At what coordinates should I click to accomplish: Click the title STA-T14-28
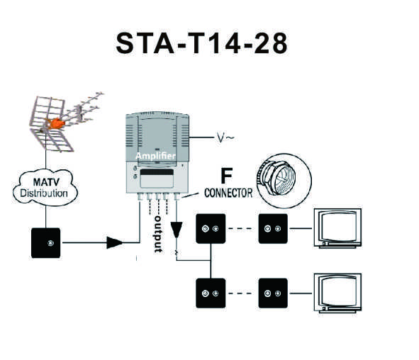pos(202,43)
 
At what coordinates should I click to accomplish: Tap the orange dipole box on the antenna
pos(56,123)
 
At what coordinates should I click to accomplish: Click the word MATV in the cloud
pos(46,182)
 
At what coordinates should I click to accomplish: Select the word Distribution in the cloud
pos(44,193)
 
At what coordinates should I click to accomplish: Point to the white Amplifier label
pos(155,156)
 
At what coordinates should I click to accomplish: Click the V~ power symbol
pos(225,137)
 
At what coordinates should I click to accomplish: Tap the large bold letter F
pos(227,176)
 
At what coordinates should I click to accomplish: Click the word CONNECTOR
pos(228,193)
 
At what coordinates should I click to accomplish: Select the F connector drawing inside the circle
pos(276,176)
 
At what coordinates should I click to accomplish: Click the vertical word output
pos(158,235)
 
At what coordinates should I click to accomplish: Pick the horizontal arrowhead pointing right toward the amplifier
pos(115,242)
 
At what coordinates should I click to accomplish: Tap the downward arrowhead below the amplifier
pos(177,230)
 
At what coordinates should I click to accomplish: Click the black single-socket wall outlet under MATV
pos(45,243)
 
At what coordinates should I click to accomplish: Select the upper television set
pos(337,228)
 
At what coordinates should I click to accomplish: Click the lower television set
pos(337,293)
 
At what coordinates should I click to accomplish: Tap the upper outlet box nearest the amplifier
pos(211,229)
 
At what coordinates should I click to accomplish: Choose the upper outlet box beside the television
pos(273,229)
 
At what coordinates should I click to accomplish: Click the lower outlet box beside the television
pos(273,293)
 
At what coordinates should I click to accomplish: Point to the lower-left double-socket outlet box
pos(211,293)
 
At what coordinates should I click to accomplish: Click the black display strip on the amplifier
pos(157,172)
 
